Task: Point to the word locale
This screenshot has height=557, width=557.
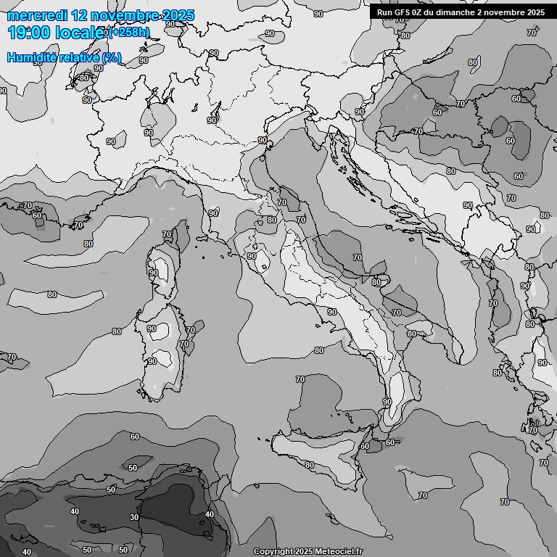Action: point(79,32)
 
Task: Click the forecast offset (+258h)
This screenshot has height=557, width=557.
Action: point(129,33)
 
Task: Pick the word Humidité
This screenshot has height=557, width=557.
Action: point(30,57)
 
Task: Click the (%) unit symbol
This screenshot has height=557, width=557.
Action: point(112,57)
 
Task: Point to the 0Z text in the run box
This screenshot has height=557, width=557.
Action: point(418,12)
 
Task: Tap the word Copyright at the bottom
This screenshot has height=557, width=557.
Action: point(273,551)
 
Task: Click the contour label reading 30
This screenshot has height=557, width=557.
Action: point(134,517)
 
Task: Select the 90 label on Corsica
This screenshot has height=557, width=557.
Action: point(153,273)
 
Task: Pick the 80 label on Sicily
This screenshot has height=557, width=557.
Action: point(309,465)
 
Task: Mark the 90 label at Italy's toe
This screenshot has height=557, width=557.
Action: point(387,401)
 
